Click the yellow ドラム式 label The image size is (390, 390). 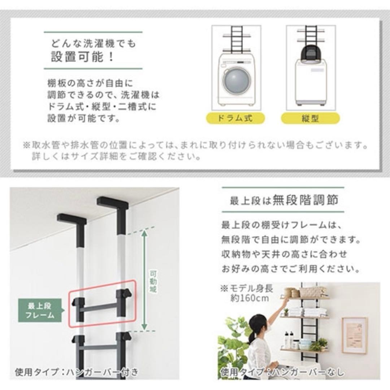pyautogui.click(x=235, y=118)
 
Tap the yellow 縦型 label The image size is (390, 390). pyautogui.click(x=310, y=118)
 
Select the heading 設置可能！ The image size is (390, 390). pyautogui.click(x=82, y=57)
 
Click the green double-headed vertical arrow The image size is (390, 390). pyautogui.click(x=144, y=280)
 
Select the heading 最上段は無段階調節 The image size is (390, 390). pyautogui.click(x=284, y=200)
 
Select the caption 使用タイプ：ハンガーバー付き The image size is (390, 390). pyautogui.click(x=76, y=372)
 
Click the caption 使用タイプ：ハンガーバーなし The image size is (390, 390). pyautogui.click(x=282, y=372)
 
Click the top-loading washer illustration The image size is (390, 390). pyautogui.click(x=310, y=81)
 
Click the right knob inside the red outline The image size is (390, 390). pyautogui.click(x=125, y=294)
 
